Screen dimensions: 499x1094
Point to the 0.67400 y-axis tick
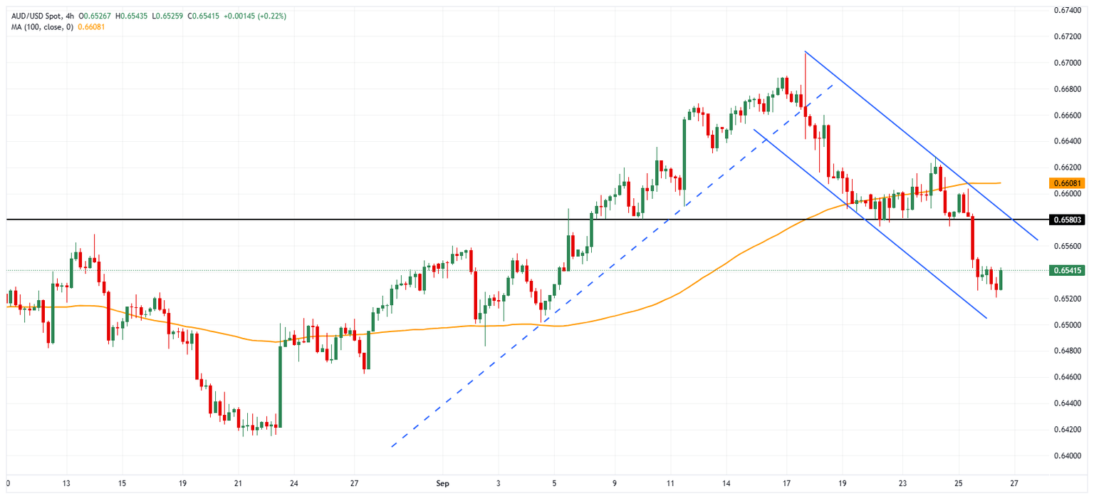[x=1066, y=10]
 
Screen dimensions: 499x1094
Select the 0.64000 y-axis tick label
[x=1066, y=456]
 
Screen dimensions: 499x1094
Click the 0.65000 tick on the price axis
[x=1066, y=325]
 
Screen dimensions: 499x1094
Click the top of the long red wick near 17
[x=805, y=52]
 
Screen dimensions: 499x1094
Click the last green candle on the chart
[x=1001, y=279]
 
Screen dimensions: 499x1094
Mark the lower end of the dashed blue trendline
[x=392, y=447]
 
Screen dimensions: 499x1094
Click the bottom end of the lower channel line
[x=986, y=318]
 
